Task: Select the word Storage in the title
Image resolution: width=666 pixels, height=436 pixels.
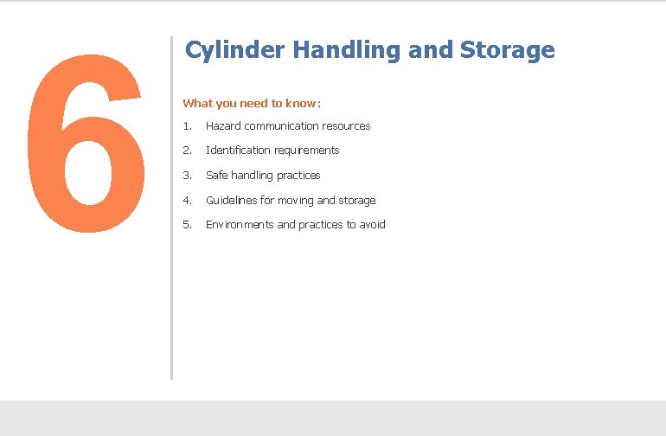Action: coord(507,50)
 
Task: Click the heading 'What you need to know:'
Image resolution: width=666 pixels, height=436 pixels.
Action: coord(252,103)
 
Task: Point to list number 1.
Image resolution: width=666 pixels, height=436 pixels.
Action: coord(187,126)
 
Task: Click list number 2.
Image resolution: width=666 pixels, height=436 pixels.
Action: coord(187,151)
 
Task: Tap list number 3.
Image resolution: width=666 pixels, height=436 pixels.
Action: coord(187,176)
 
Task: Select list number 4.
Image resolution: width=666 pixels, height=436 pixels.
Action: coord(187,201)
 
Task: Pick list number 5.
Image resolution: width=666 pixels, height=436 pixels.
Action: coord(187,225)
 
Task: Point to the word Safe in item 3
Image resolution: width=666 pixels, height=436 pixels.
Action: coord(216,176)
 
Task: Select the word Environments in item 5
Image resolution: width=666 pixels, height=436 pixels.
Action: coord(240,225)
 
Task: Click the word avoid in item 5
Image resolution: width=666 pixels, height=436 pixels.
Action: coord(372,225)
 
